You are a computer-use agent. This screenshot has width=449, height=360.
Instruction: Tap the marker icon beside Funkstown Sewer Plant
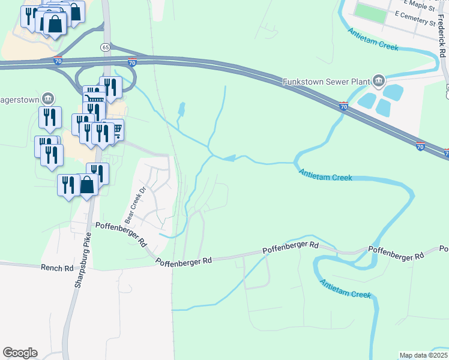[x=379, y=80]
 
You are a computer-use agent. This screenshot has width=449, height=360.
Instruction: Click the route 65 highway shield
[x=105, y=47]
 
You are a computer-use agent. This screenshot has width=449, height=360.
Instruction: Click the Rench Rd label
[x=56, y=268]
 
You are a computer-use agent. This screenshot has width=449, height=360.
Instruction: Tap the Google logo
[x=20, y=353]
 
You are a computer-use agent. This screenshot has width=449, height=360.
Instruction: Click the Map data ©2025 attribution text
[x=423, y=355]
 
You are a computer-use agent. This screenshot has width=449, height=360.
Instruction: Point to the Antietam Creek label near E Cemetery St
[x=372, y=38]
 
